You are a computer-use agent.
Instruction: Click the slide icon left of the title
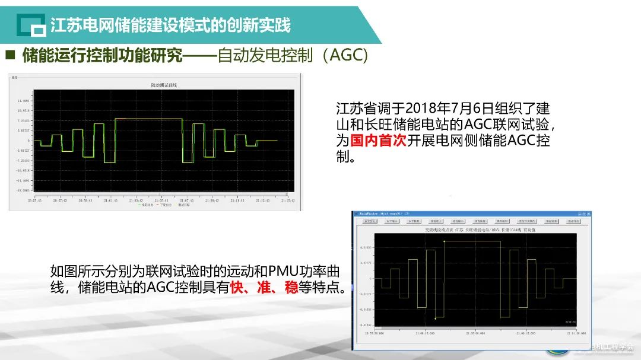pos(30,26)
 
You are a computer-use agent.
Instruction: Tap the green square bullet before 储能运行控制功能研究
pos(9,56)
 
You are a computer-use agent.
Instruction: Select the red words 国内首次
pos(370,141)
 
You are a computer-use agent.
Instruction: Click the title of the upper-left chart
pos(164,85)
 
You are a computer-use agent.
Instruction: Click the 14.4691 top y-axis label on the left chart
pos(23,101)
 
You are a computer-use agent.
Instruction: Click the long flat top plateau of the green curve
pos(148,119)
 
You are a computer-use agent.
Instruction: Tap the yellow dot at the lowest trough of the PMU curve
pos(435,318)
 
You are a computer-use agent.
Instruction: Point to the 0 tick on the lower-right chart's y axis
pos(371,278)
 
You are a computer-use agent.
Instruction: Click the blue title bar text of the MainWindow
pos(386,212)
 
